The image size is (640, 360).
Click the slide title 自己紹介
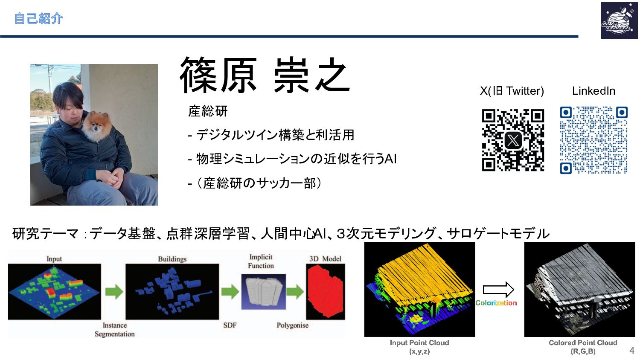tap(38, 19)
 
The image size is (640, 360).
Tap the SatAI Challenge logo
tap(619, 20)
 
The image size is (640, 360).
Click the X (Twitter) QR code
tap(513, 140)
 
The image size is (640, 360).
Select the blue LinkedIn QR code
tap(594, 140)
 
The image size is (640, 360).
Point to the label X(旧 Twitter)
tap(512, 91)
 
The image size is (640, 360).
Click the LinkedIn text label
tap(594, 91)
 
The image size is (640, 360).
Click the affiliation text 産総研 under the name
tap(208, 111)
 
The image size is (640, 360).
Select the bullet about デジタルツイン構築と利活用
tap(271, 135)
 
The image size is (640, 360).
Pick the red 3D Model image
tap(326, 291)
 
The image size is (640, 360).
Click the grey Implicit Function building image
tap(263, 292)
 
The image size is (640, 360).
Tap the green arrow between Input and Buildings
tap(114, 292)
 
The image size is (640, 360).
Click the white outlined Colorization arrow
tap(498, 290)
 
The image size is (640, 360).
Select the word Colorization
tap(496, 303)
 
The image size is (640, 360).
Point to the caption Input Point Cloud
tap(419, 343)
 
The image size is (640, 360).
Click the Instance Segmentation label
tap(115, 329)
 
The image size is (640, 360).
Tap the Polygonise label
tap(293, 325)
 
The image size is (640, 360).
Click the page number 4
tap(632, 351)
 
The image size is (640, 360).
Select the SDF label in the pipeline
tap(230, 325)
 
